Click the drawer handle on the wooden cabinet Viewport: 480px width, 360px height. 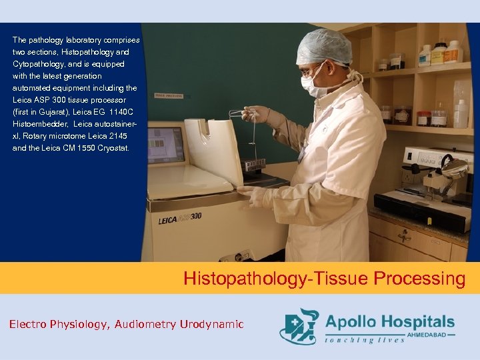click(x=405, y=235)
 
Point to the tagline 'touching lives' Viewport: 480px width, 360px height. click(x=364, y=340)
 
